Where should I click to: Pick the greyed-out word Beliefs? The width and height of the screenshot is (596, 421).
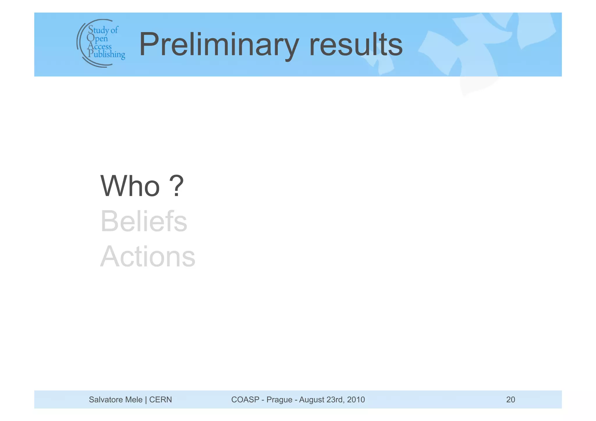tap(144, 221)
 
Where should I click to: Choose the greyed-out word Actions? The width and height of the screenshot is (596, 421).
tap(148, 257)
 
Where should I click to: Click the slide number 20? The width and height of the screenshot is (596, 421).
tap(510, 400)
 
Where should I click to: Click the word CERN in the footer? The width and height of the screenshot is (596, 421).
tap(160, 400)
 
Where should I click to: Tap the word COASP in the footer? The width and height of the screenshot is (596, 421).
tap(245, 400)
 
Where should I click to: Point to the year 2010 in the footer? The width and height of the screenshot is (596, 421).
tap(356, 400)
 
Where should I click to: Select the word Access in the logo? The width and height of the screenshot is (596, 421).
tap(100, 46)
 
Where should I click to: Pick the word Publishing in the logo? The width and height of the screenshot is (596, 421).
tap(107, 54)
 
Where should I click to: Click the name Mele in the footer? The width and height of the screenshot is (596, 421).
tap(134, 400)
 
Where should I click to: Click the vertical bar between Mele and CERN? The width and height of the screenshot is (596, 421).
tap(146, 400)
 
